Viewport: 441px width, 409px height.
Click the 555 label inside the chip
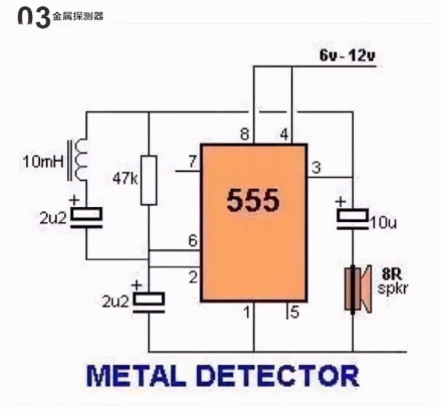253,200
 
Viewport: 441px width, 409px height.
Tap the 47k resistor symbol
149,180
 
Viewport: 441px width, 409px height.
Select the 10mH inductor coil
80,160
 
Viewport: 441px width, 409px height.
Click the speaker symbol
358,289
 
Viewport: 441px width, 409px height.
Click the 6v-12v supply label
347,56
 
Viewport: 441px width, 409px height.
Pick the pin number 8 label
245,135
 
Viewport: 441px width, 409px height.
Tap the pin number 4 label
284,135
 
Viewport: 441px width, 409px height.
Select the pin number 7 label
193,162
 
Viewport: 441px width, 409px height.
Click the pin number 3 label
316,168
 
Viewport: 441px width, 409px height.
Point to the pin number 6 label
193,241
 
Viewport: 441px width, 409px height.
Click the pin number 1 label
247,312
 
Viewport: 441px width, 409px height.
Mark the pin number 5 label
295,312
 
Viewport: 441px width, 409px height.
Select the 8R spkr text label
392,281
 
